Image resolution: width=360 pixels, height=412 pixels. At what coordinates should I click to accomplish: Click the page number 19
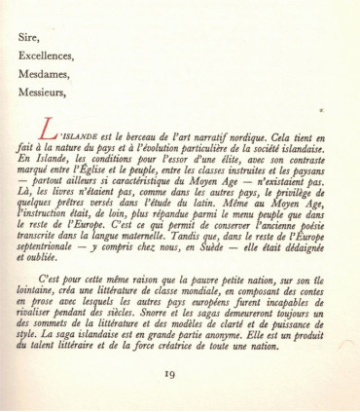pos(181,400)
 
